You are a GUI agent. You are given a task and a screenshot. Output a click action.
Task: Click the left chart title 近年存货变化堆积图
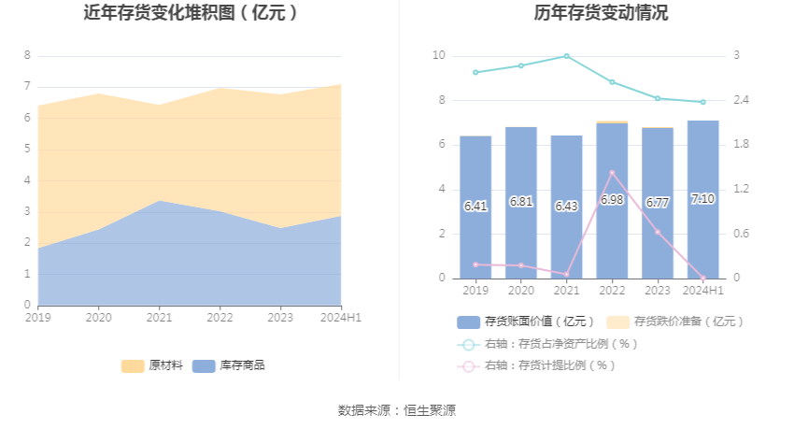click(x=191, y=13)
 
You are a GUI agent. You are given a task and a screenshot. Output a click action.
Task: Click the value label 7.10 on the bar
click(x=702, y=199)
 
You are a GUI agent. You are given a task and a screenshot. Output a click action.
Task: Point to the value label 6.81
click(x=521, y=202)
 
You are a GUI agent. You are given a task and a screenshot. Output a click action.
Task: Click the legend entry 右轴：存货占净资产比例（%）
click(x=547, y=344)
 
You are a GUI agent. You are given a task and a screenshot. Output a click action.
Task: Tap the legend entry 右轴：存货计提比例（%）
click(x=536, y=365)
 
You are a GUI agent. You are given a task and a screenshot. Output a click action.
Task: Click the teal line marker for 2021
click(x=566, y=56)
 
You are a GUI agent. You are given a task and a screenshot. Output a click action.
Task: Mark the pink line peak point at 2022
click(x=612, y=173)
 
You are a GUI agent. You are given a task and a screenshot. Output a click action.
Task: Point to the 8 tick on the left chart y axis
click(x=27, y=56)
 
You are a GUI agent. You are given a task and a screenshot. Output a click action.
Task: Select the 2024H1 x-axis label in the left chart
click(x=341, y=318)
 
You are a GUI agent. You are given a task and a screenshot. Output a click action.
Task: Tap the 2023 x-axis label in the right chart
click(x=658, y=291)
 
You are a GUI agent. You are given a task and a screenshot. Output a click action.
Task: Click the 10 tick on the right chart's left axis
click(x=439, y=56)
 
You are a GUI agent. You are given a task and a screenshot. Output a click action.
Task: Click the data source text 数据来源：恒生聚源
click(x=397, y=410)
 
